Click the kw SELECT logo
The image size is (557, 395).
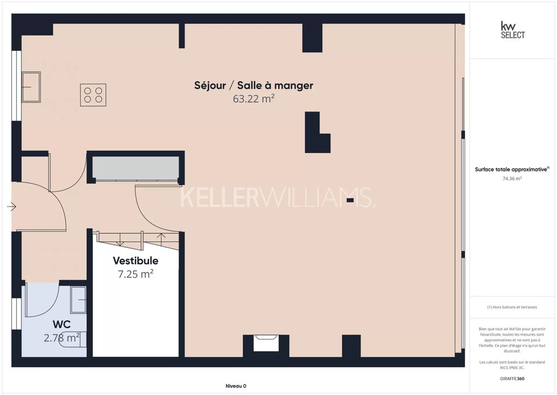513,30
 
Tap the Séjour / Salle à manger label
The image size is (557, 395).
253,85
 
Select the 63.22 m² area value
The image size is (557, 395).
253,99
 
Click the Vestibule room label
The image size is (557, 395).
136,261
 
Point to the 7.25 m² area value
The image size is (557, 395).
136,274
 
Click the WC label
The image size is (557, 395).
62,324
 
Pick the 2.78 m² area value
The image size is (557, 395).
61,337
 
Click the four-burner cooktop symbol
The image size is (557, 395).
93,95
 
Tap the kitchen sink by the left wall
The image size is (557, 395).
32,87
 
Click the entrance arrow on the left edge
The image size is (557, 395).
11,207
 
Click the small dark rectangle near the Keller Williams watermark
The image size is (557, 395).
350,200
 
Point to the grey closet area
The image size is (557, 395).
136,168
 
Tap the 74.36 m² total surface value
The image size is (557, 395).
512,179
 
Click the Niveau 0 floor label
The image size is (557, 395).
236,386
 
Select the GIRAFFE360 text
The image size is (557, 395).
512,379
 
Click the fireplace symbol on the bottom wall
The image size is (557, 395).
266,343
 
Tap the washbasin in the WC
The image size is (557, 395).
78,300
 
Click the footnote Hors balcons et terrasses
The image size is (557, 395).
512,307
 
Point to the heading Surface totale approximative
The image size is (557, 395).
512,169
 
